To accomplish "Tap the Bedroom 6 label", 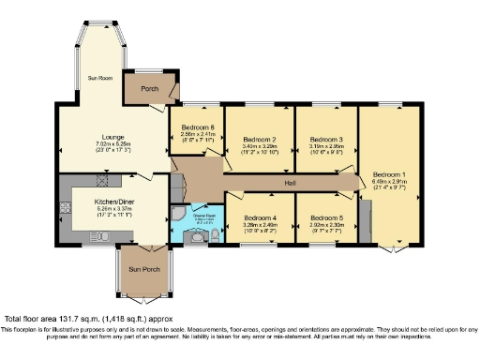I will coord(198,127).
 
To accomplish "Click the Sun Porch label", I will coord(143,269).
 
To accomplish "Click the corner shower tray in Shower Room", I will coord(180,217).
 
